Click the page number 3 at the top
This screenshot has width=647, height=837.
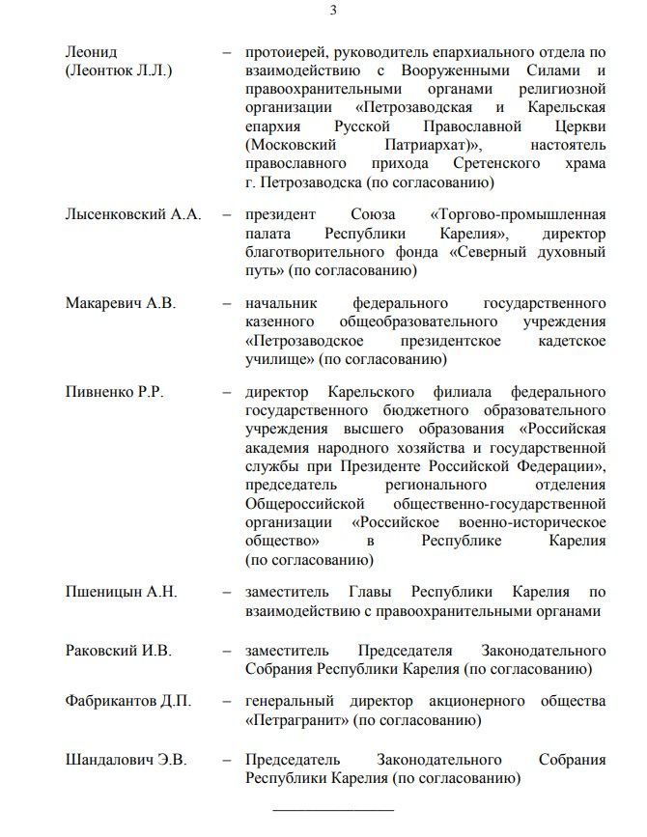pos(333,11)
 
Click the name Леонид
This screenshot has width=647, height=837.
pos(90,52)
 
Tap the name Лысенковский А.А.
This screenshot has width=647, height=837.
pos(132,215)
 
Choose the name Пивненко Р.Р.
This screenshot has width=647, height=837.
pos(114,392)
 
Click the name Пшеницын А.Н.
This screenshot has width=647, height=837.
pos(121,593)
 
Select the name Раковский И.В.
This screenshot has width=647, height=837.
pos(118,652)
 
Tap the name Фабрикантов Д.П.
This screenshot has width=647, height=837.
pos(128,701)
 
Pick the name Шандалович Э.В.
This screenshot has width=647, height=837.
pos(126,760)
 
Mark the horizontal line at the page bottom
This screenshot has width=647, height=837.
pos(333,808)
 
